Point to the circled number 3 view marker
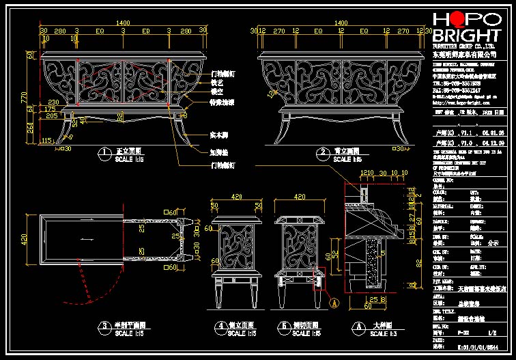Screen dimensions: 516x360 (x=104, y=327)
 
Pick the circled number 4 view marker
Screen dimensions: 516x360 (x=220, y=327)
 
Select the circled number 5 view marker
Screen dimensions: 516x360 (x=285, y=327)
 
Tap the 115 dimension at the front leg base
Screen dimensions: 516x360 (x=46, y=140)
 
